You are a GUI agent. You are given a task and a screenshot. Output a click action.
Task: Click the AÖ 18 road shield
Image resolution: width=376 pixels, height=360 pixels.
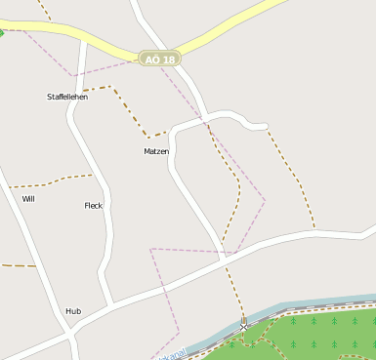[x=159, y=60]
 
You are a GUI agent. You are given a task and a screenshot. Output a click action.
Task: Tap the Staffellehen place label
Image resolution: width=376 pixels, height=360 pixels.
[x=67, y=97]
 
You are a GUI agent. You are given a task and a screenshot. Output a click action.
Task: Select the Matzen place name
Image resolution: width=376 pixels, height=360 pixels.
[x=156, y=151]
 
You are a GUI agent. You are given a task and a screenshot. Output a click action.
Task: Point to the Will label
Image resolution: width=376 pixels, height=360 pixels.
[x=28, y=198]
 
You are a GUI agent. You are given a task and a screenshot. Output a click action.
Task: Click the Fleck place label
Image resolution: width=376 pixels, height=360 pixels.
[x=94, y=205]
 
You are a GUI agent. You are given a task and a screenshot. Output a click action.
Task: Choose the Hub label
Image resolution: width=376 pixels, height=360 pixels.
[x=73, y=311]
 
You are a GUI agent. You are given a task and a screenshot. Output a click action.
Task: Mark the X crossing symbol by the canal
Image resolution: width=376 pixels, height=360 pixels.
[x=243, y=327]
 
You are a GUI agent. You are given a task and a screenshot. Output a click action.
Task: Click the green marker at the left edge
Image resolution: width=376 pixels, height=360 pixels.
[x=1, y=32]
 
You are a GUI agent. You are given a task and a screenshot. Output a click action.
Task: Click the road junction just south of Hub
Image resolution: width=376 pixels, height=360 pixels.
[x=70, y=335]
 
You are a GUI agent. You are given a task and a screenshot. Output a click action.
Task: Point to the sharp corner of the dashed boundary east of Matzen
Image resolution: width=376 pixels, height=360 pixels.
[x=265, y=201]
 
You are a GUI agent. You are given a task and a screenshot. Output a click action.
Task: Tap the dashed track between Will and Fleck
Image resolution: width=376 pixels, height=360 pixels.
[x=59, y=180]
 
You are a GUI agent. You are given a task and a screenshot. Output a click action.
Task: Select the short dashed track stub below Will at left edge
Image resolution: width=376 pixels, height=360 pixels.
[x=18, y=264]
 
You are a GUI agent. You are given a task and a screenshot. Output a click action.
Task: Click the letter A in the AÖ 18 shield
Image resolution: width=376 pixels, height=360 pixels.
[x=148, y=60]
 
